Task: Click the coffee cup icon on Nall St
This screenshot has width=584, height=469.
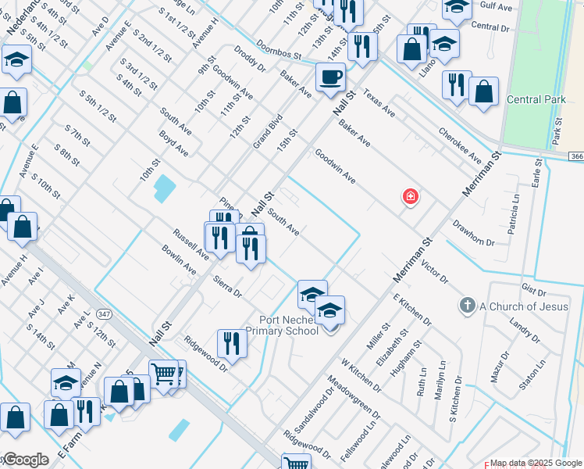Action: pos(330,77)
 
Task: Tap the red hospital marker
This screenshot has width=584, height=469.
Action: pos(409,197)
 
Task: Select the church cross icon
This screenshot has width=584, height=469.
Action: pos(467,306)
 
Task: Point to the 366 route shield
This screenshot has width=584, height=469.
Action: pos(576,157)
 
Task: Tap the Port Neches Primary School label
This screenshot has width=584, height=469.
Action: pos(282,325)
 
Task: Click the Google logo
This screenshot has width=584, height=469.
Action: pos(25,460)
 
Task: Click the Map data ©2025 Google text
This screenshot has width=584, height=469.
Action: pos(534,463)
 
